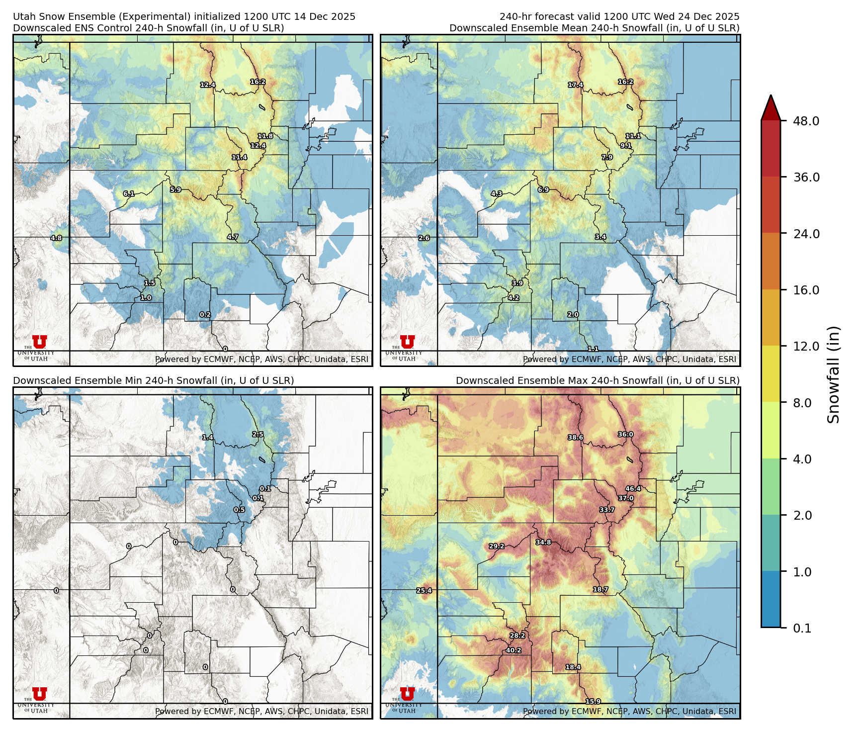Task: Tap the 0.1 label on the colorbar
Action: tap(802, 628)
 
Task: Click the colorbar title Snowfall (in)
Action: tap(833, 374)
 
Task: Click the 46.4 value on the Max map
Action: tap(633, 489)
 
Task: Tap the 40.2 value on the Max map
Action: tap(514, 650)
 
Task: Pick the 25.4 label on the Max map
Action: tap(424, 591)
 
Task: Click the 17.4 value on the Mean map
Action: tap(576, 85)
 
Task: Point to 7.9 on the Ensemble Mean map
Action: tap(607, 157)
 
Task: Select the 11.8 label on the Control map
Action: tap(265, 136)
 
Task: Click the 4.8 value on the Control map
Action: tap(56, 238)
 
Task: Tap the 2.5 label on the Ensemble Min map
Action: tap(258, 434)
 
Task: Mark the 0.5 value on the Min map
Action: tap(239, 510)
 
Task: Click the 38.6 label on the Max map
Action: tap(576, 438)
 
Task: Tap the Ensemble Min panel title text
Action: tap(153, 380)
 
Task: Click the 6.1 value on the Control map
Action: tap(129, 193)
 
